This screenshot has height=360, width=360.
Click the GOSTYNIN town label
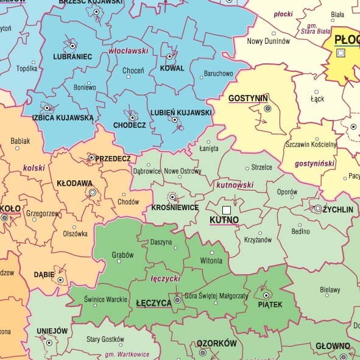click(x=248, y=98)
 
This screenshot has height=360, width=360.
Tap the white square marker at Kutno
click(x=227, y=210)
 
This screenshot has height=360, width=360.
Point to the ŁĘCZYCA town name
click(x=153, y=303)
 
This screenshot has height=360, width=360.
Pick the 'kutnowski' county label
click(x=235, y=184)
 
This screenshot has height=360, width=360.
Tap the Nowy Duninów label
click(x=269, y=41)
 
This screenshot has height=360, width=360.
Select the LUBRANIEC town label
click(x=72, y=57)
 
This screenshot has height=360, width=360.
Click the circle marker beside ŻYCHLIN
click(x=318, y=208)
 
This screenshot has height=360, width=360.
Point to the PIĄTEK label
click(x=270, y=305)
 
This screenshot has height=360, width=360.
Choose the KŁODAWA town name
click(x=74, y=183)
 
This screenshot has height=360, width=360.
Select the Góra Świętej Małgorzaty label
click(x=216, y=295)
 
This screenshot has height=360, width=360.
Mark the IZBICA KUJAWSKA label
click(x=63, y=117)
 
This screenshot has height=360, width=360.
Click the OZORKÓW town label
click(x=216, y=344)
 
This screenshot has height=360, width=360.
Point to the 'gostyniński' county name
click(x=316, y=164)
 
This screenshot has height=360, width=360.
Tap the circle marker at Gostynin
click(x=267, y=108)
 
